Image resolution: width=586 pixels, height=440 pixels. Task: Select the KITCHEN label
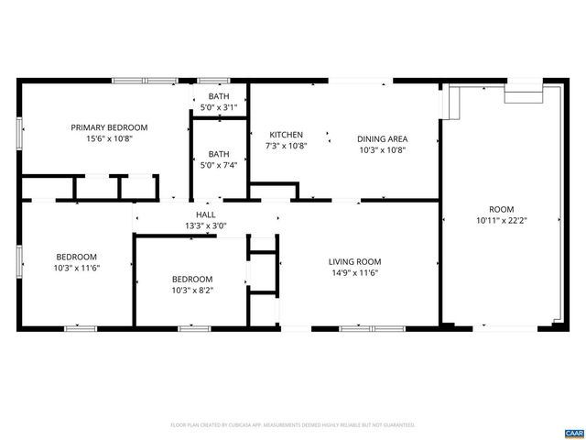tap(285, 135)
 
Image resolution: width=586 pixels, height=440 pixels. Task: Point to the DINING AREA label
tap(382, 138)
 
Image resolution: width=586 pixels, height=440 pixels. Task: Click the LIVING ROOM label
tap(354, 261)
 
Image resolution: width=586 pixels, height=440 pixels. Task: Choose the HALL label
tap(205, 214)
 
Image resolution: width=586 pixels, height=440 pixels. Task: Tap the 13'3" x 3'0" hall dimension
tap(205, 225)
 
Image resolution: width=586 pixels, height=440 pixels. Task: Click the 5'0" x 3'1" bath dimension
tap(219, 107)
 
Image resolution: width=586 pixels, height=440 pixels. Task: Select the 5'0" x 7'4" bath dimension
tap(219, 165)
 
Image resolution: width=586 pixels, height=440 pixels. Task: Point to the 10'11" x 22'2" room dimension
tap(502, 220)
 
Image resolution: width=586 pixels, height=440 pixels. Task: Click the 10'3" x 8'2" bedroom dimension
tap(192, 290)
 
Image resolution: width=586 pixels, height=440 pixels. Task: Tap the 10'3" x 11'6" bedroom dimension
tap(77, 268)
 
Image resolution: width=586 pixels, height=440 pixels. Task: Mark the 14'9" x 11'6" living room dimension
tap(354, 272)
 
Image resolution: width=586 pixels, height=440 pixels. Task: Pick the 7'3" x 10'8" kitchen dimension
tap(285, 146)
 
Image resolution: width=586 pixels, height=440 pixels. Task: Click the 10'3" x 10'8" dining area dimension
tap(382, 149)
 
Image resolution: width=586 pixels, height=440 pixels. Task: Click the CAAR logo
tap(573, 432)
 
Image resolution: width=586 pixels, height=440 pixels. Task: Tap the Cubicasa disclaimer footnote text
tap(293, 425)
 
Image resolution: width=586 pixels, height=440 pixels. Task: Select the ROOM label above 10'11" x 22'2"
tap(502, 209)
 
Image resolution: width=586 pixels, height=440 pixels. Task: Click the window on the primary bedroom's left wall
tap(20, 130)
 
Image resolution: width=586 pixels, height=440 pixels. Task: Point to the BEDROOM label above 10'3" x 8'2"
tap(192, 279)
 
